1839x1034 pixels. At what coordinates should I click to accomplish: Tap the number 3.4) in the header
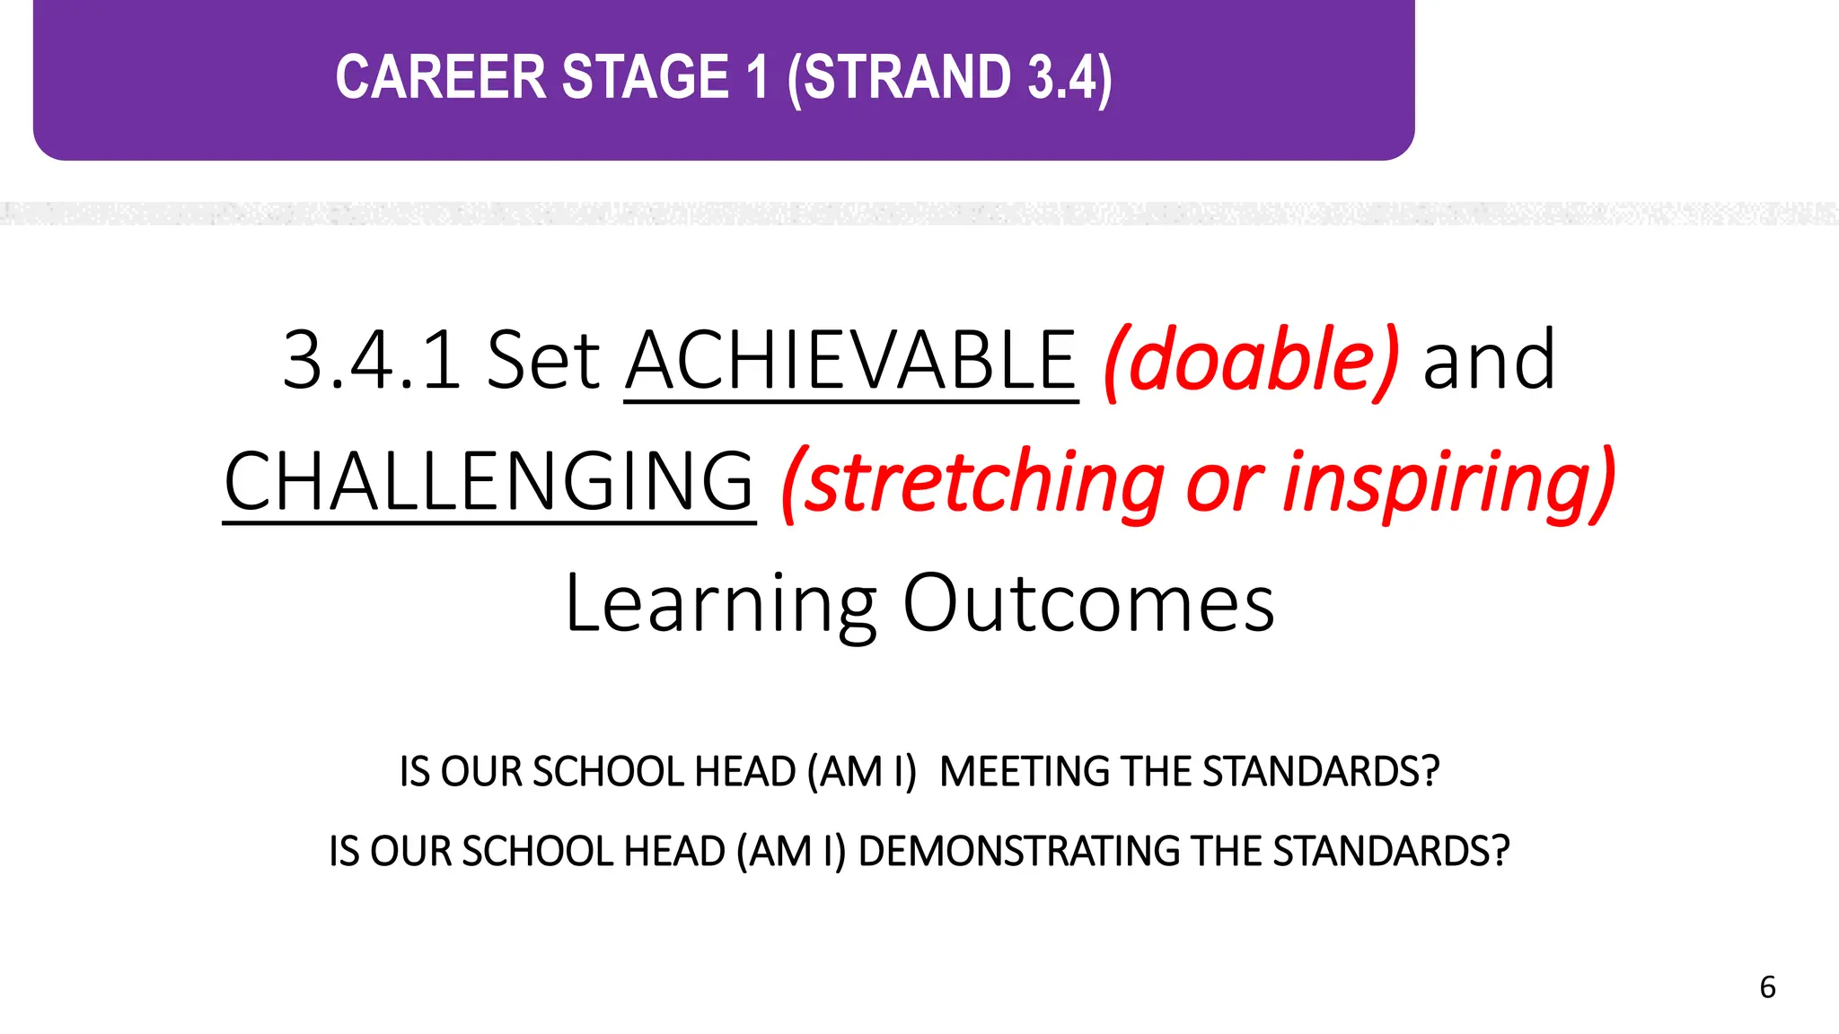pos(1070,77)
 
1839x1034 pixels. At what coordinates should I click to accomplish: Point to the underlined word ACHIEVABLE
pos(850,360)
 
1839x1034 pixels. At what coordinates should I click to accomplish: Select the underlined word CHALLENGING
pos(488,481)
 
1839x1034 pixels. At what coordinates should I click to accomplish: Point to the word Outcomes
pos(1088,603)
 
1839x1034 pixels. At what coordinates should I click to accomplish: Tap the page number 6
pos(1767,987)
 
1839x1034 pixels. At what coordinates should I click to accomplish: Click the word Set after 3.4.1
pos(543,360)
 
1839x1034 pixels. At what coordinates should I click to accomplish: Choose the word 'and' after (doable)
pos(1489,360)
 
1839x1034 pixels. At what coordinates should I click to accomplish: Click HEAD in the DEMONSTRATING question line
pos(673,851)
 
